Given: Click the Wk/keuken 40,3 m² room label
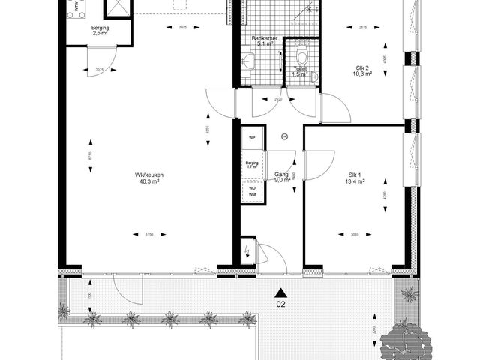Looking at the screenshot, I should click(x=149, y=178).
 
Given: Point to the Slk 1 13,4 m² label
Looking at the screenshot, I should click(x=354, y=178).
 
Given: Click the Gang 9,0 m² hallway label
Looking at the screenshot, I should click(x=281, y=177).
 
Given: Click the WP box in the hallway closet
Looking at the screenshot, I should click(x=252, y=139).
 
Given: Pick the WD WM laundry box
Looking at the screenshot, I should click(x=252, y=193).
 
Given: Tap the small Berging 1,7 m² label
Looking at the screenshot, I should click(x=252, y=165).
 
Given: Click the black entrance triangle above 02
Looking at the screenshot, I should click(x=280, y=292).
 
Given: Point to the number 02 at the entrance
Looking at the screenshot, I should click(x=280, y=304).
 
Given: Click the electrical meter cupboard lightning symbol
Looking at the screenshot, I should click(x=248, y=251).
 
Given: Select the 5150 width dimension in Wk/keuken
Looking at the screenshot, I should click(x=149, y=235).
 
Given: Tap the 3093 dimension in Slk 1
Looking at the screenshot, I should click(x=354, y=235).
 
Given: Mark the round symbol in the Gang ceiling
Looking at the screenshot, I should click(x=284, y=136).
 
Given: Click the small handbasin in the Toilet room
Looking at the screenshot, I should click(x=315, y=76).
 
